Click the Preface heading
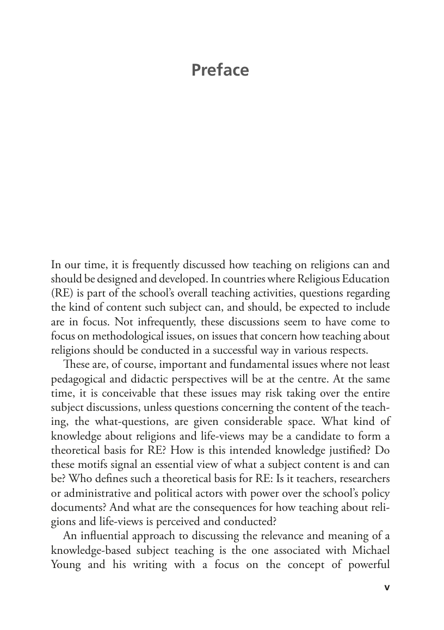pyautogui.click(x=220, y=70)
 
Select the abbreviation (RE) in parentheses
pyautogui.click(x=61, y=293)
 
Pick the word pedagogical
pyautogui.click(x=77, y=376)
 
